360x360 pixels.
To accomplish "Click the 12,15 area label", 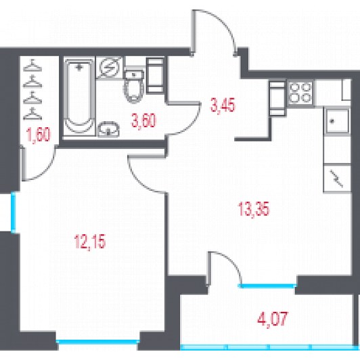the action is coord(90,242).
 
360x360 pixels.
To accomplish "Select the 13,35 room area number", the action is coord(254,209).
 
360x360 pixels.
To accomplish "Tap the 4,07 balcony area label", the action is coord(273,319).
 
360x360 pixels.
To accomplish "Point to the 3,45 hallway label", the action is coord(223,105).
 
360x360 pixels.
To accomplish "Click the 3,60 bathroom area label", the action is coord(143,120).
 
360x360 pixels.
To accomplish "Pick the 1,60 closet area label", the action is coord(39,135).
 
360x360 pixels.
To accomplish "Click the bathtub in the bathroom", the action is coord(79,96).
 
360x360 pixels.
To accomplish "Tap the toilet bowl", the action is coord(134,86).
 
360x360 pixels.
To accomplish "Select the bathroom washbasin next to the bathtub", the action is coord(108,129).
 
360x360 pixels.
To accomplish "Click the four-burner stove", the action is coord(300,93).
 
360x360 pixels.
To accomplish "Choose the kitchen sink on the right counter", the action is coord(337,121).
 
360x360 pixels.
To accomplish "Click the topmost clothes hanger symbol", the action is coord(32,65).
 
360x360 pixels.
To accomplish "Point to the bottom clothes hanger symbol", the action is coord(32,114).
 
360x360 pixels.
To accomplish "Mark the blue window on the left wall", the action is coord(14,212).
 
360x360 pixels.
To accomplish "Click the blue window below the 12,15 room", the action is coord(97,342).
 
